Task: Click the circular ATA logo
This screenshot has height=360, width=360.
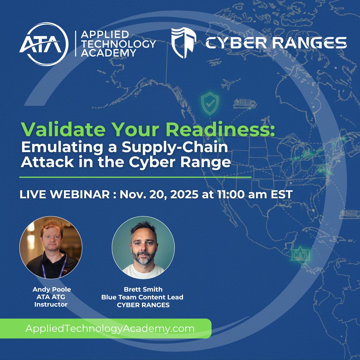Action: [x=44, y=44]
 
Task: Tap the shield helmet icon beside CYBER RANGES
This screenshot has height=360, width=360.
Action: [x=184, y=43]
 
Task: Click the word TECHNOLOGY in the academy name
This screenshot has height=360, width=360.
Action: [x=118, y=44]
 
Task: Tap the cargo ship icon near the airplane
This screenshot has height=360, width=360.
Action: [x=245, y=104]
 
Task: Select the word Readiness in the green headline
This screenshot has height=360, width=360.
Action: [x=220, y=130]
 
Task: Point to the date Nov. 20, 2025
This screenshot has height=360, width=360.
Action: [x=159, y=194]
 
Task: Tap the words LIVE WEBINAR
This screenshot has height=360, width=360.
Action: [x=64, y=194]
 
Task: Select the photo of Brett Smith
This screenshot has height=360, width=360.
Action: [x=143, y=247]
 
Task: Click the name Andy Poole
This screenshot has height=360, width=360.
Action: [x=52, y=289]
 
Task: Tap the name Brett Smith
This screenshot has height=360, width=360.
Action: [x=143, y=289]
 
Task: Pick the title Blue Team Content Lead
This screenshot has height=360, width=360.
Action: [x=142, y=297]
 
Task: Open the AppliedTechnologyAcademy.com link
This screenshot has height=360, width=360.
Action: [x=110, y=328]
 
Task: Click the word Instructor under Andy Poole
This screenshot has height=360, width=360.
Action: [x=51, y=304]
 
